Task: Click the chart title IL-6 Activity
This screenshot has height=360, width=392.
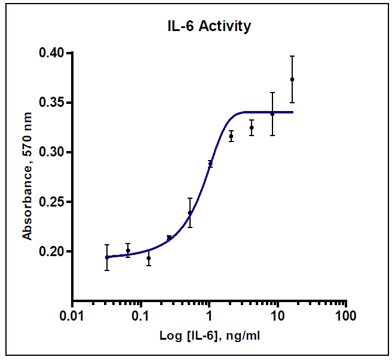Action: coord(209,27)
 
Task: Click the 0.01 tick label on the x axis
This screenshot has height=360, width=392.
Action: coord(72,315)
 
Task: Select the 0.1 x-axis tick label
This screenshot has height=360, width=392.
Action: coord(141,315)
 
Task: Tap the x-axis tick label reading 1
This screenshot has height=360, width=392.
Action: coord(209,315)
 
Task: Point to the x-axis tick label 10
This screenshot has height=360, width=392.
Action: coord(277,315)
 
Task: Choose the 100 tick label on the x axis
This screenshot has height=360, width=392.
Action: coord(345,315)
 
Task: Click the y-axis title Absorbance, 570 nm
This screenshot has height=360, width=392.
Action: coord(27,177)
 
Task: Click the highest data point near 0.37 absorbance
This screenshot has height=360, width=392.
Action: coord(292,79)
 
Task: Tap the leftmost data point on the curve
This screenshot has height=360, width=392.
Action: coord(107,257)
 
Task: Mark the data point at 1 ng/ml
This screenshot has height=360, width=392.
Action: coord(210,163)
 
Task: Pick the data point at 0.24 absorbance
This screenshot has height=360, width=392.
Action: coord(190,213)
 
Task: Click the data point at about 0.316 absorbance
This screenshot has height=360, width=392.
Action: coord(231,136)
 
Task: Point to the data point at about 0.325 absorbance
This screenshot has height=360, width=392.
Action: coord(252,127)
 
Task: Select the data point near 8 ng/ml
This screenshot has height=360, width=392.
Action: coord(272,113)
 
